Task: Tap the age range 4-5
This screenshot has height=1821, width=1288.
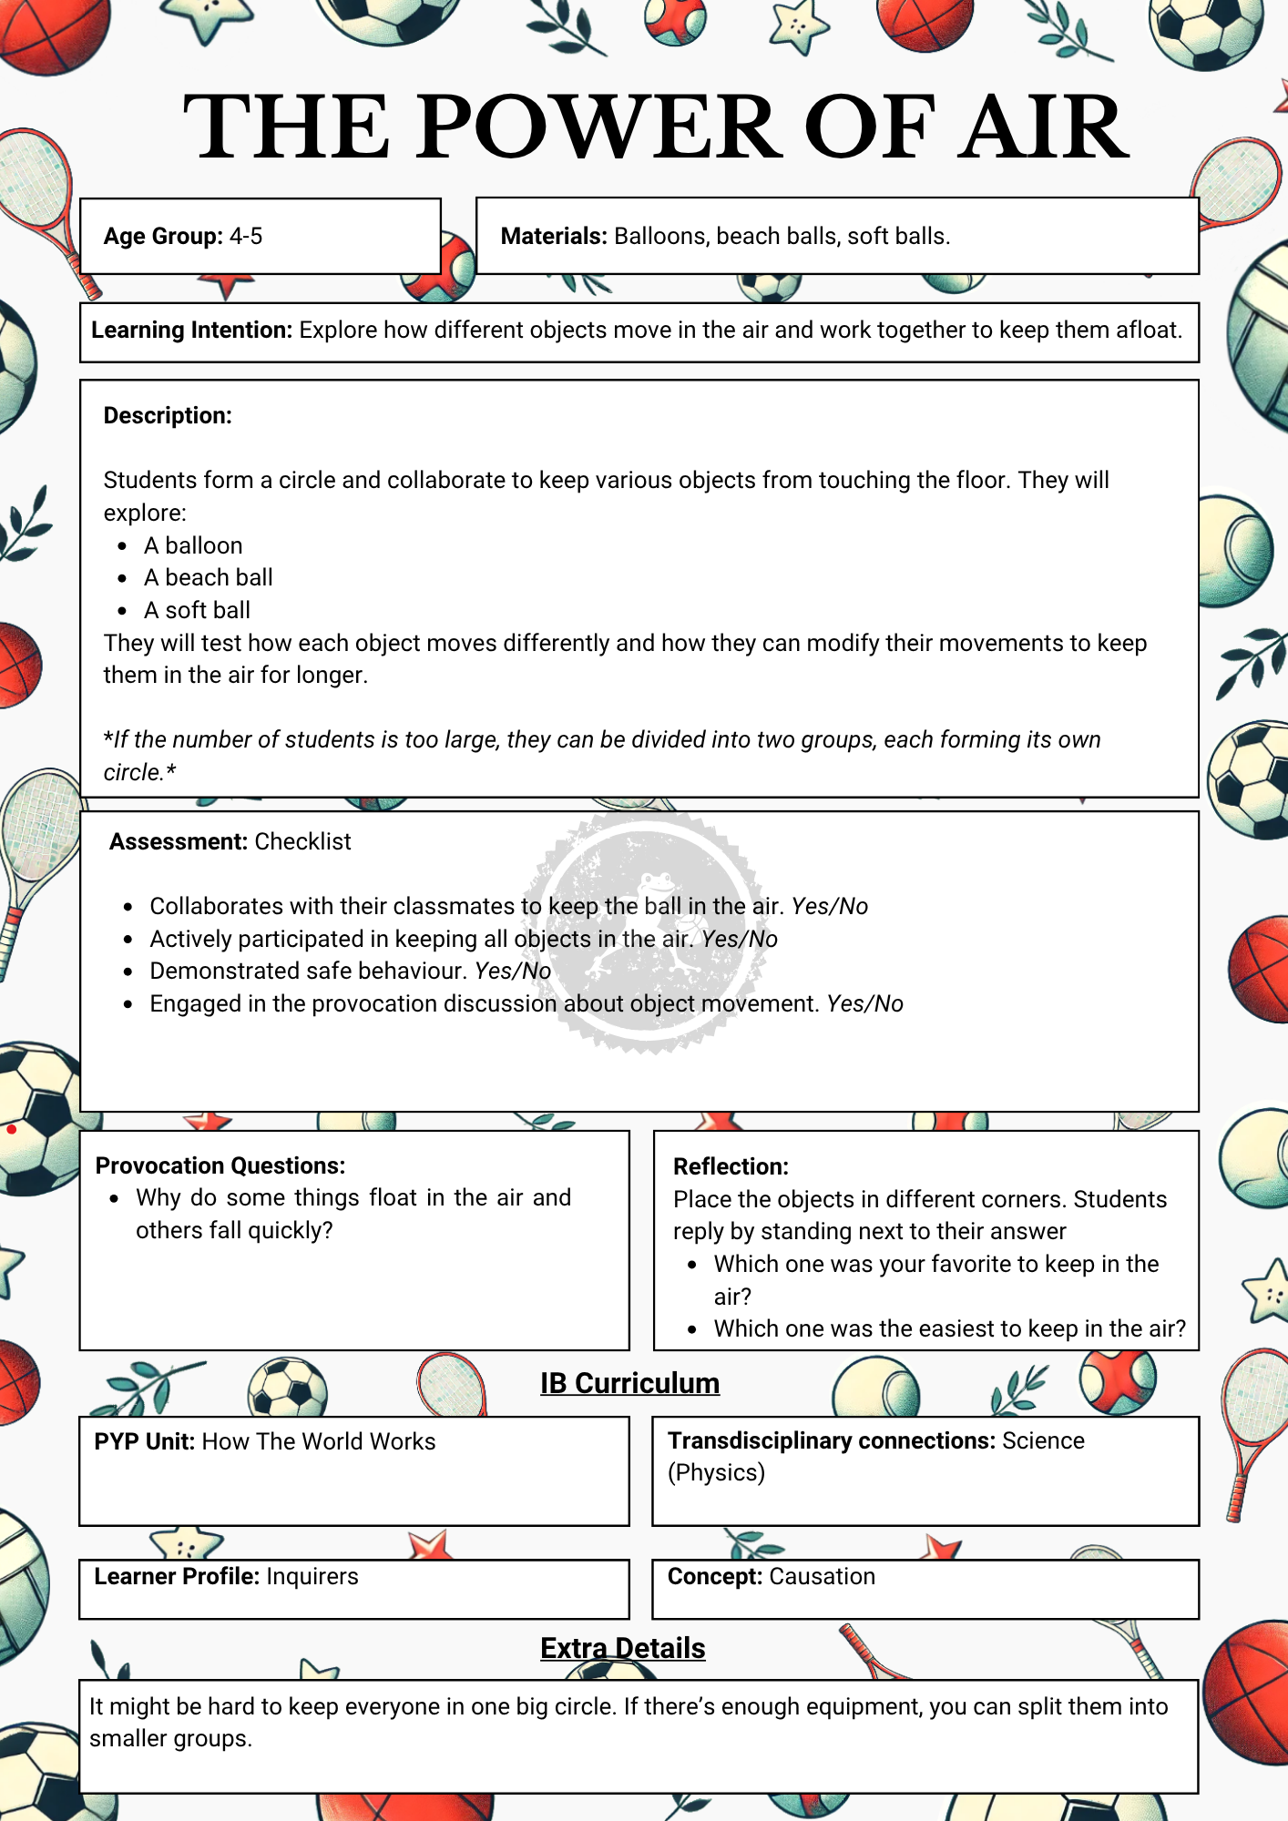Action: pos(246,237)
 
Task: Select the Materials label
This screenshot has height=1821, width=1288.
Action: pos(553,237)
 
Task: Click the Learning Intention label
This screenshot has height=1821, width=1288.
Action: pos(191,331)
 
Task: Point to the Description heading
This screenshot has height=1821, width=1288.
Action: pos(168,416)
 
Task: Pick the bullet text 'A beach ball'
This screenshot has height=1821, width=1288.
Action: pos(209,578)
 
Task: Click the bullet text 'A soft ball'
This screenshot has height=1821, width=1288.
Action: pos(197,611)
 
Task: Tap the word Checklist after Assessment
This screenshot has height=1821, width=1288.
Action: pos(302,842)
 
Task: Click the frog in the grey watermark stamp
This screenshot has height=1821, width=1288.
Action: pos(654,888)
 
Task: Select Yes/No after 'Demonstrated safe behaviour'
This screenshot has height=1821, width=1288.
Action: pos(513,972)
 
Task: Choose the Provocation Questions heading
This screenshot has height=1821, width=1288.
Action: pos(220,1166)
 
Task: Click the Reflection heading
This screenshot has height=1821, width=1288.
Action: pos(731,1167)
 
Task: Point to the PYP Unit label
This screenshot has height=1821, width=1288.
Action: pos(144,1442)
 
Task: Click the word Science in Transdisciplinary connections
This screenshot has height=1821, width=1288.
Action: pos(1043,1441)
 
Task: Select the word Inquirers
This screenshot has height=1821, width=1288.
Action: pos(312,1577)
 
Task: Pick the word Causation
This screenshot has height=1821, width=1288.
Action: pos(822,1577)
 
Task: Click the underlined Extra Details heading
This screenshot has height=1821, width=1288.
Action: pos(622,1649)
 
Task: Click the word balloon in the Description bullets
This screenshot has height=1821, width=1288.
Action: pos(204,546)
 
